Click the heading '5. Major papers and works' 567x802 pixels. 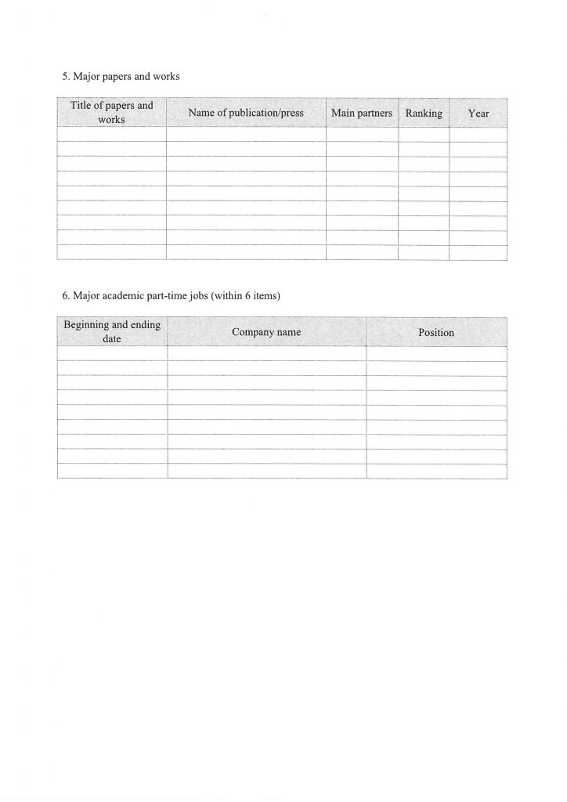click(121, 78)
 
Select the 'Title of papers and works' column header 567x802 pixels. click(112, 113)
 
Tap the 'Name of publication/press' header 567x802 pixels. click(246, 113)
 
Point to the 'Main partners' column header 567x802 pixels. click(362, 113)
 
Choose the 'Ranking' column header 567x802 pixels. click(424, 113)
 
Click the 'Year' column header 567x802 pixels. click(479, 113)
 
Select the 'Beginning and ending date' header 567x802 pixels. click(112, 332)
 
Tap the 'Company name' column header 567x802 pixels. click(266, 332)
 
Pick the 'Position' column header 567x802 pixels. click(436, 332)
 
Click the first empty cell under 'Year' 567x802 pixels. click(479, 134)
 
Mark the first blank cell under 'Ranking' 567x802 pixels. click(424, 134)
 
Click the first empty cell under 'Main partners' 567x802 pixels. click(362, 134)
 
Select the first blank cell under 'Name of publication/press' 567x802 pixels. click(246, 134)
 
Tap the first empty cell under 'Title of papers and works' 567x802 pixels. click(112, 134)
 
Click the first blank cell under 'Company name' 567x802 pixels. click(266, 353)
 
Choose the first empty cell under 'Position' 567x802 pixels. click(436, 353)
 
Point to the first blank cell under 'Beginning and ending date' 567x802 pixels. click(112, 353)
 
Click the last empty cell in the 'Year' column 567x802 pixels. click(479, 251)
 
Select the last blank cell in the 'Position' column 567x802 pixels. click(436, 471)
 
